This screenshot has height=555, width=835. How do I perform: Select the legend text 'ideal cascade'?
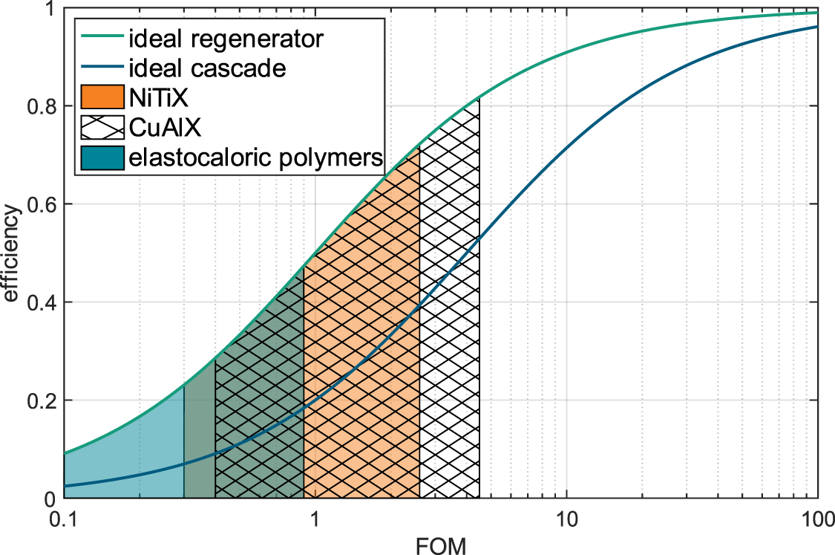click(x=207, y=68)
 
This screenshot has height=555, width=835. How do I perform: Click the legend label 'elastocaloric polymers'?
click(x=256, y=158)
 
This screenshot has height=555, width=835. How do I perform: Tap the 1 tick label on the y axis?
click(x=51, y=10)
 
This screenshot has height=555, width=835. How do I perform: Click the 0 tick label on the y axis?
click(x=51, y=499)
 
